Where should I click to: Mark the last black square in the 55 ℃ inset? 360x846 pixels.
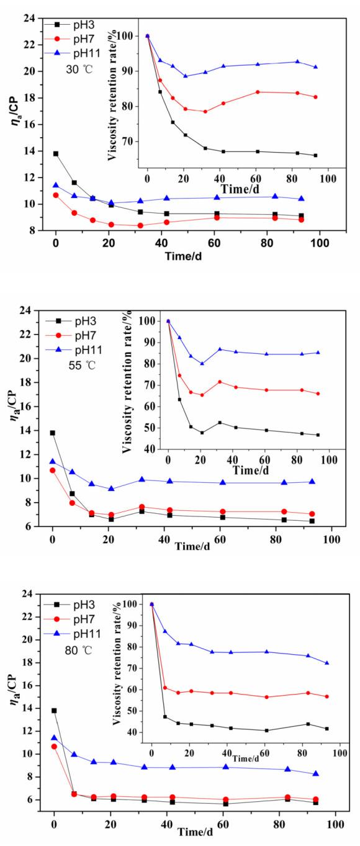coord(318,435)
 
